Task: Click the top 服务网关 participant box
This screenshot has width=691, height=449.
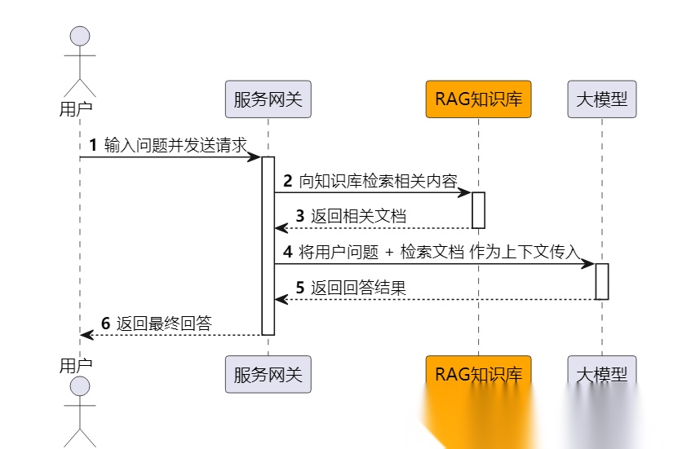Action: [268, 100]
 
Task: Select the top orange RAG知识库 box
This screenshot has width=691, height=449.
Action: [478, 100]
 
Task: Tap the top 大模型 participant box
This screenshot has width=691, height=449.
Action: [602, 100]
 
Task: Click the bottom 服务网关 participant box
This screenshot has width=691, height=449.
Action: [268, 375]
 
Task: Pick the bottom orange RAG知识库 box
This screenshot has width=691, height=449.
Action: [478, 375]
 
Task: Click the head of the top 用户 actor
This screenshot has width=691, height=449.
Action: [80, 37]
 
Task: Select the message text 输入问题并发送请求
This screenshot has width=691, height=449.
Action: [175, 145]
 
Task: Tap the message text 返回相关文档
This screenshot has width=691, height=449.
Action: [358, 216]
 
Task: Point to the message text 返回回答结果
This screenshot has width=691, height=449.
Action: [358, 288]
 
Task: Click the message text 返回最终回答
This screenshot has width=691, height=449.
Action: [163, 324]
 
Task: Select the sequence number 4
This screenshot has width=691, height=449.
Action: [287, 252]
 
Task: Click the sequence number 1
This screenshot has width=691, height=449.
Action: [93, 145]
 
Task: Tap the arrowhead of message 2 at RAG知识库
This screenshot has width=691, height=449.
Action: [466, 192]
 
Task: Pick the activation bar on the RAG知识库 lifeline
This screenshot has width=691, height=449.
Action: [479, 210]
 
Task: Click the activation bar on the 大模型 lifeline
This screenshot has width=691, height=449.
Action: [602, 281]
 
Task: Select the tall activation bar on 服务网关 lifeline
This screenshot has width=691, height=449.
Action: [268, 244]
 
